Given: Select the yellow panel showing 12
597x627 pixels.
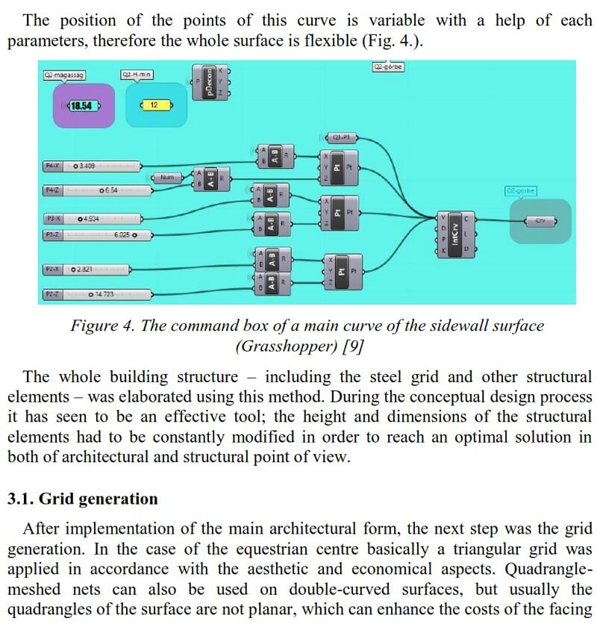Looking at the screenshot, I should (x=156, y=105).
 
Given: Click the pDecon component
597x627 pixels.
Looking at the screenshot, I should (x=210, y=81).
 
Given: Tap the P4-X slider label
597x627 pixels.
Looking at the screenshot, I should (x=54, y=165).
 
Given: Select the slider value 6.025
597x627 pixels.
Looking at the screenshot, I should (x=125, y=234).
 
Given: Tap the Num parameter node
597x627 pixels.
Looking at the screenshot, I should (x=166, y=178).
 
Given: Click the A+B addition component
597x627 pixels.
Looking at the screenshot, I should (x=210, y=178).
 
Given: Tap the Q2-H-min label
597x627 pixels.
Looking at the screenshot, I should (x=137, y=75).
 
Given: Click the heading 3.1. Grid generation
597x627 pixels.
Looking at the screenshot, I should (x=83, y=499).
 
